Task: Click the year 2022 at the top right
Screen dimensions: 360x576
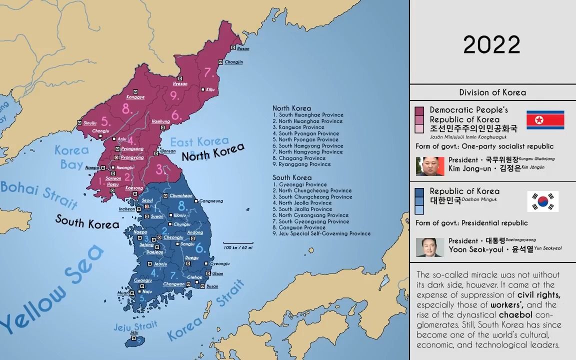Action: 491,45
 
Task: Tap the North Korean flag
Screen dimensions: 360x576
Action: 545,120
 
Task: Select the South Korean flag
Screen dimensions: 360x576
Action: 542,201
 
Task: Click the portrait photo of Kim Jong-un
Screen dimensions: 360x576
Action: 430,166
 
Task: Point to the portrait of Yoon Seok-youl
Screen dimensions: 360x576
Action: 430,247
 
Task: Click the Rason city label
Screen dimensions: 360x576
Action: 243,48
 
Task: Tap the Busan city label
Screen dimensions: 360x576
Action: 212,286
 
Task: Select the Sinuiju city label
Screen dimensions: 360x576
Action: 90,122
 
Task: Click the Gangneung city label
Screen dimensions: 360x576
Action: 212,201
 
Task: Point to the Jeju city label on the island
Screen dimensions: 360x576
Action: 133,332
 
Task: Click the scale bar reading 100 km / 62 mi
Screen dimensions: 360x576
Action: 238,247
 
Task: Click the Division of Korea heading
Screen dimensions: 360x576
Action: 492,92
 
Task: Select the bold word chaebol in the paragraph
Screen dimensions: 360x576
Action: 512,315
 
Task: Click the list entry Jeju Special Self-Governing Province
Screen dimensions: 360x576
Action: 321,233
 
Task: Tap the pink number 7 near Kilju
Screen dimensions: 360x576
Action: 209,72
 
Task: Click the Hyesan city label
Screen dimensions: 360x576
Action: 180,83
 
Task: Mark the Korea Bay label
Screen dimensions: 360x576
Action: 71,156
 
